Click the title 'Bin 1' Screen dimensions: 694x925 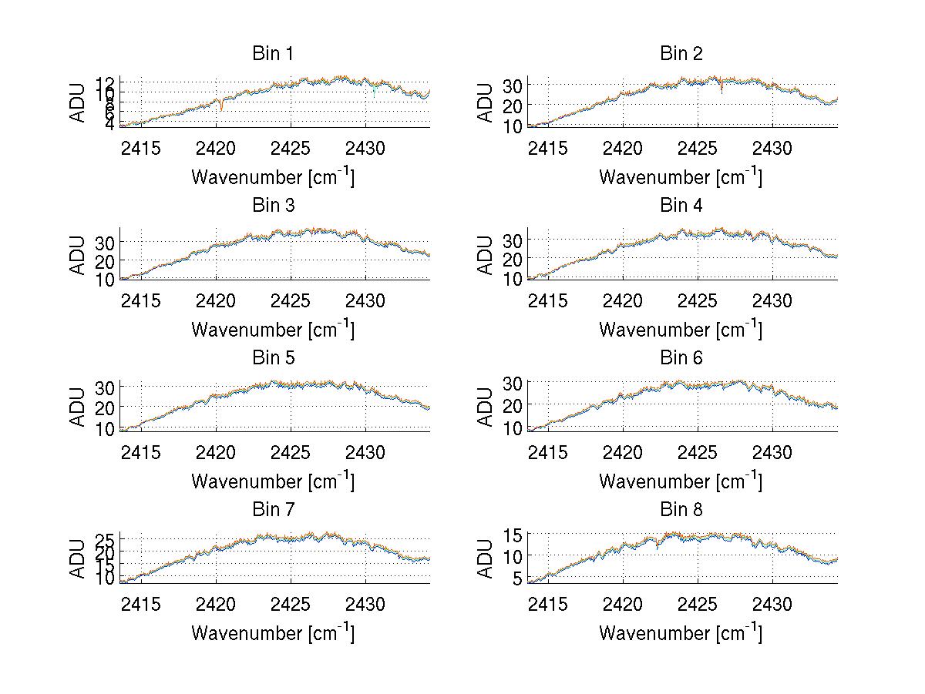273,54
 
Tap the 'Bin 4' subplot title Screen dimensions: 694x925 681,206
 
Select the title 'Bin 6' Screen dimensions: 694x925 681,358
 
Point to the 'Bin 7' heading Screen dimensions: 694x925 273,510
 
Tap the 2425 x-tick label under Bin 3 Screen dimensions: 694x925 291,300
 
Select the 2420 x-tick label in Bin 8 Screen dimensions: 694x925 623,604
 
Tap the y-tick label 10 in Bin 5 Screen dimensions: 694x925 105,428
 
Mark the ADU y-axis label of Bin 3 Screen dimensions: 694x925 78,255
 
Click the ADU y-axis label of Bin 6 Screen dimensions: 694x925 486,407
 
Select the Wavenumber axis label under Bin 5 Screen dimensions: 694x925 273,481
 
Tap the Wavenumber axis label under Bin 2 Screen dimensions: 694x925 681,177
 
